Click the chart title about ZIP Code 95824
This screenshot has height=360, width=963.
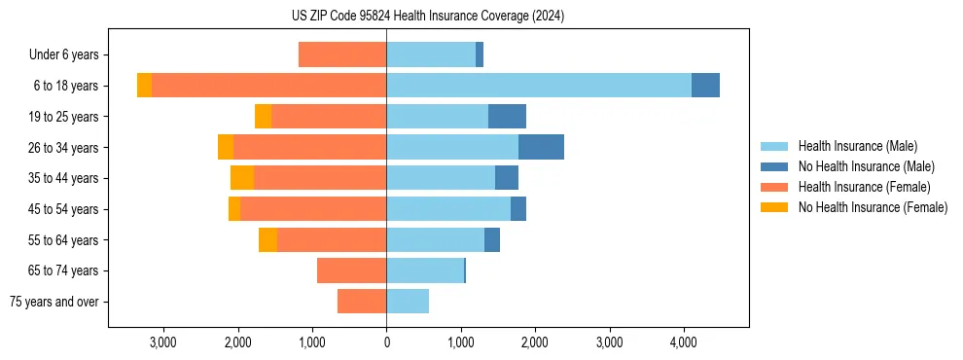[x=427, y=17]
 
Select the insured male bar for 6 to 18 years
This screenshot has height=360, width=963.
[x=539, y=86]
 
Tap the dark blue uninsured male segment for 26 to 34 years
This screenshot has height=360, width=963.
[x=541, y=147]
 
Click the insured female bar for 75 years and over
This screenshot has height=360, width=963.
[x=362, y=302]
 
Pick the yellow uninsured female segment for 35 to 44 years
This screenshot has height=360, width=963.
[x=242, y=178]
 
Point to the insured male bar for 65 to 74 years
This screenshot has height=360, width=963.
[x=425, y=270]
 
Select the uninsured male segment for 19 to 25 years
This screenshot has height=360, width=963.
[x=507, y=117]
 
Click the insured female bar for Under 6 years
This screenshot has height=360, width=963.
[x=342, y=54]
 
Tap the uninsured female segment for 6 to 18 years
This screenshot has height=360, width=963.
[x=144, y=86]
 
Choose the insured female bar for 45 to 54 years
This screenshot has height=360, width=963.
[x=313, y=209]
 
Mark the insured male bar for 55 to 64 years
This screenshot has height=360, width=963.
[x=435, y=239]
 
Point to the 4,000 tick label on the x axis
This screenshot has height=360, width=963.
[x=683, y=342]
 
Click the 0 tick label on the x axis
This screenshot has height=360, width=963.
[x=386, y=342]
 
